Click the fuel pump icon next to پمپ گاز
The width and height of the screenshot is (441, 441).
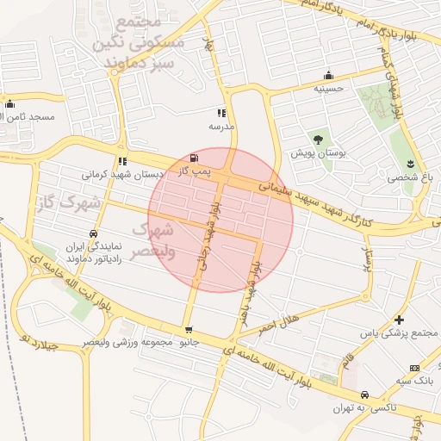(192, 158)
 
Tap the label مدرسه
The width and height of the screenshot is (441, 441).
(221, 126)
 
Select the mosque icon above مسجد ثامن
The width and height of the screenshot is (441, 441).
(10, 104)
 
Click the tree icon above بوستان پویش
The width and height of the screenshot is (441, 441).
(319, 139)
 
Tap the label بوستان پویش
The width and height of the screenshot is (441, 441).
(319, 152)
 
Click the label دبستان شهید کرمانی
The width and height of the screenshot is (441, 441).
(122, 174)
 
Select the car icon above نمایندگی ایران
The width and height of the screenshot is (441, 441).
(93, 233)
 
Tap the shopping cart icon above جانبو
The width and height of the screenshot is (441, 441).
(189, 330)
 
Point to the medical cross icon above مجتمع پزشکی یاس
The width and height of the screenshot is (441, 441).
(399, 320)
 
